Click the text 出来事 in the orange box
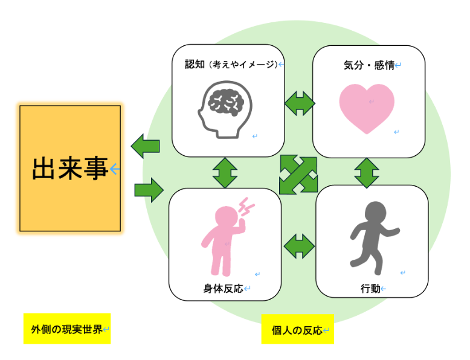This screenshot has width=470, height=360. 70,169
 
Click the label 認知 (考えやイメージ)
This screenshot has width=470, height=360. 231,64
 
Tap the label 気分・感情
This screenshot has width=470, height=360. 369,65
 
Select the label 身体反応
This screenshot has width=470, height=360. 223,289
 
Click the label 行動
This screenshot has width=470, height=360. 370,289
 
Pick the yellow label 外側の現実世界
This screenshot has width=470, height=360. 66,329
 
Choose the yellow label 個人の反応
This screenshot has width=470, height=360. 297,330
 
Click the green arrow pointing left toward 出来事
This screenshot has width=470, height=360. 146,146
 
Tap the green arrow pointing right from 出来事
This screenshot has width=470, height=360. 149,190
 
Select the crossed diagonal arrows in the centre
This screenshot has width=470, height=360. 298,175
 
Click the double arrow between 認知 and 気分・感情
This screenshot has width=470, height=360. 300,103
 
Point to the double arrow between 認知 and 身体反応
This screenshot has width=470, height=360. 225,173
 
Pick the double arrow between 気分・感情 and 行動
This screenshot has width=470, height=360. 366,173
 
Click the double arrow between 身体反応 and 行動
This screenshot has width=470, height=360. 299,246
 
